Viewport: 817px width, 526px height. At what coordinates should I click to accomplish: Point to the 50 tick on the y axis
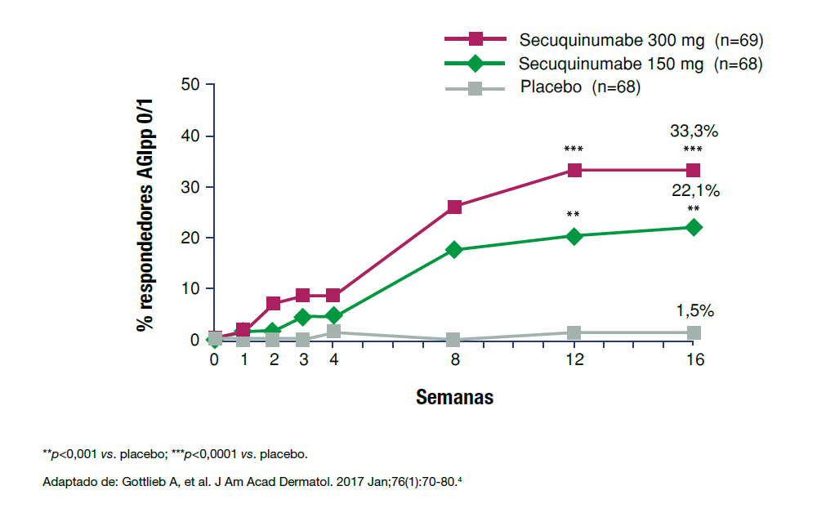(190, 85)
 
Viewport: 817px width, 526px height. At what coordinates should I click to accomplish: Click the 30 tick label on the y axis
(190, 187)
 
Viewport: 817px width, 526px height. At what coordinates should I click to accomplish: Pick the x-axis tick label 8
(454, 359)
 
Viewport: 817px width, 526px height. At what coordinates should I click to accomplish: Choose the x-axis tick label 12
(574, 359)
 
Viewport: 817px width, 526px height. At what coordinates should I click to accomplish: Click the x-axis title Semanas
(454, 398)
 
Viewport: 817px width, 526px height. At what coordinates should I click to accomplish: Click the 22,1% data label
(694, 191)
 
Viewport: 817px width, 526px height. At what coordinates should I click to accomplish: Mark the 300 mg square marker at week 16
(693, 170)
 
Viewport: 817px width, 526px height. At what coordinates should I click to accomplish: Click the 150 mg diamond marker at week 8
(454, 249)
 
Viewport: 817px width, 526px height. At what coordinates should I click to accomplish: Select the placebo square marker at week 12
(574, 332)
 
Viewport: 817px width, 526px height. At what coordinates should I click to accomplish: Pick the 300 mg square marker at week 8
(454, 207)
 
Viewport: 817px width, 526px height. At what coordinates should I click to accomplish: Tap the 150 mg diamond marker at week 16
(693, 227)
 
